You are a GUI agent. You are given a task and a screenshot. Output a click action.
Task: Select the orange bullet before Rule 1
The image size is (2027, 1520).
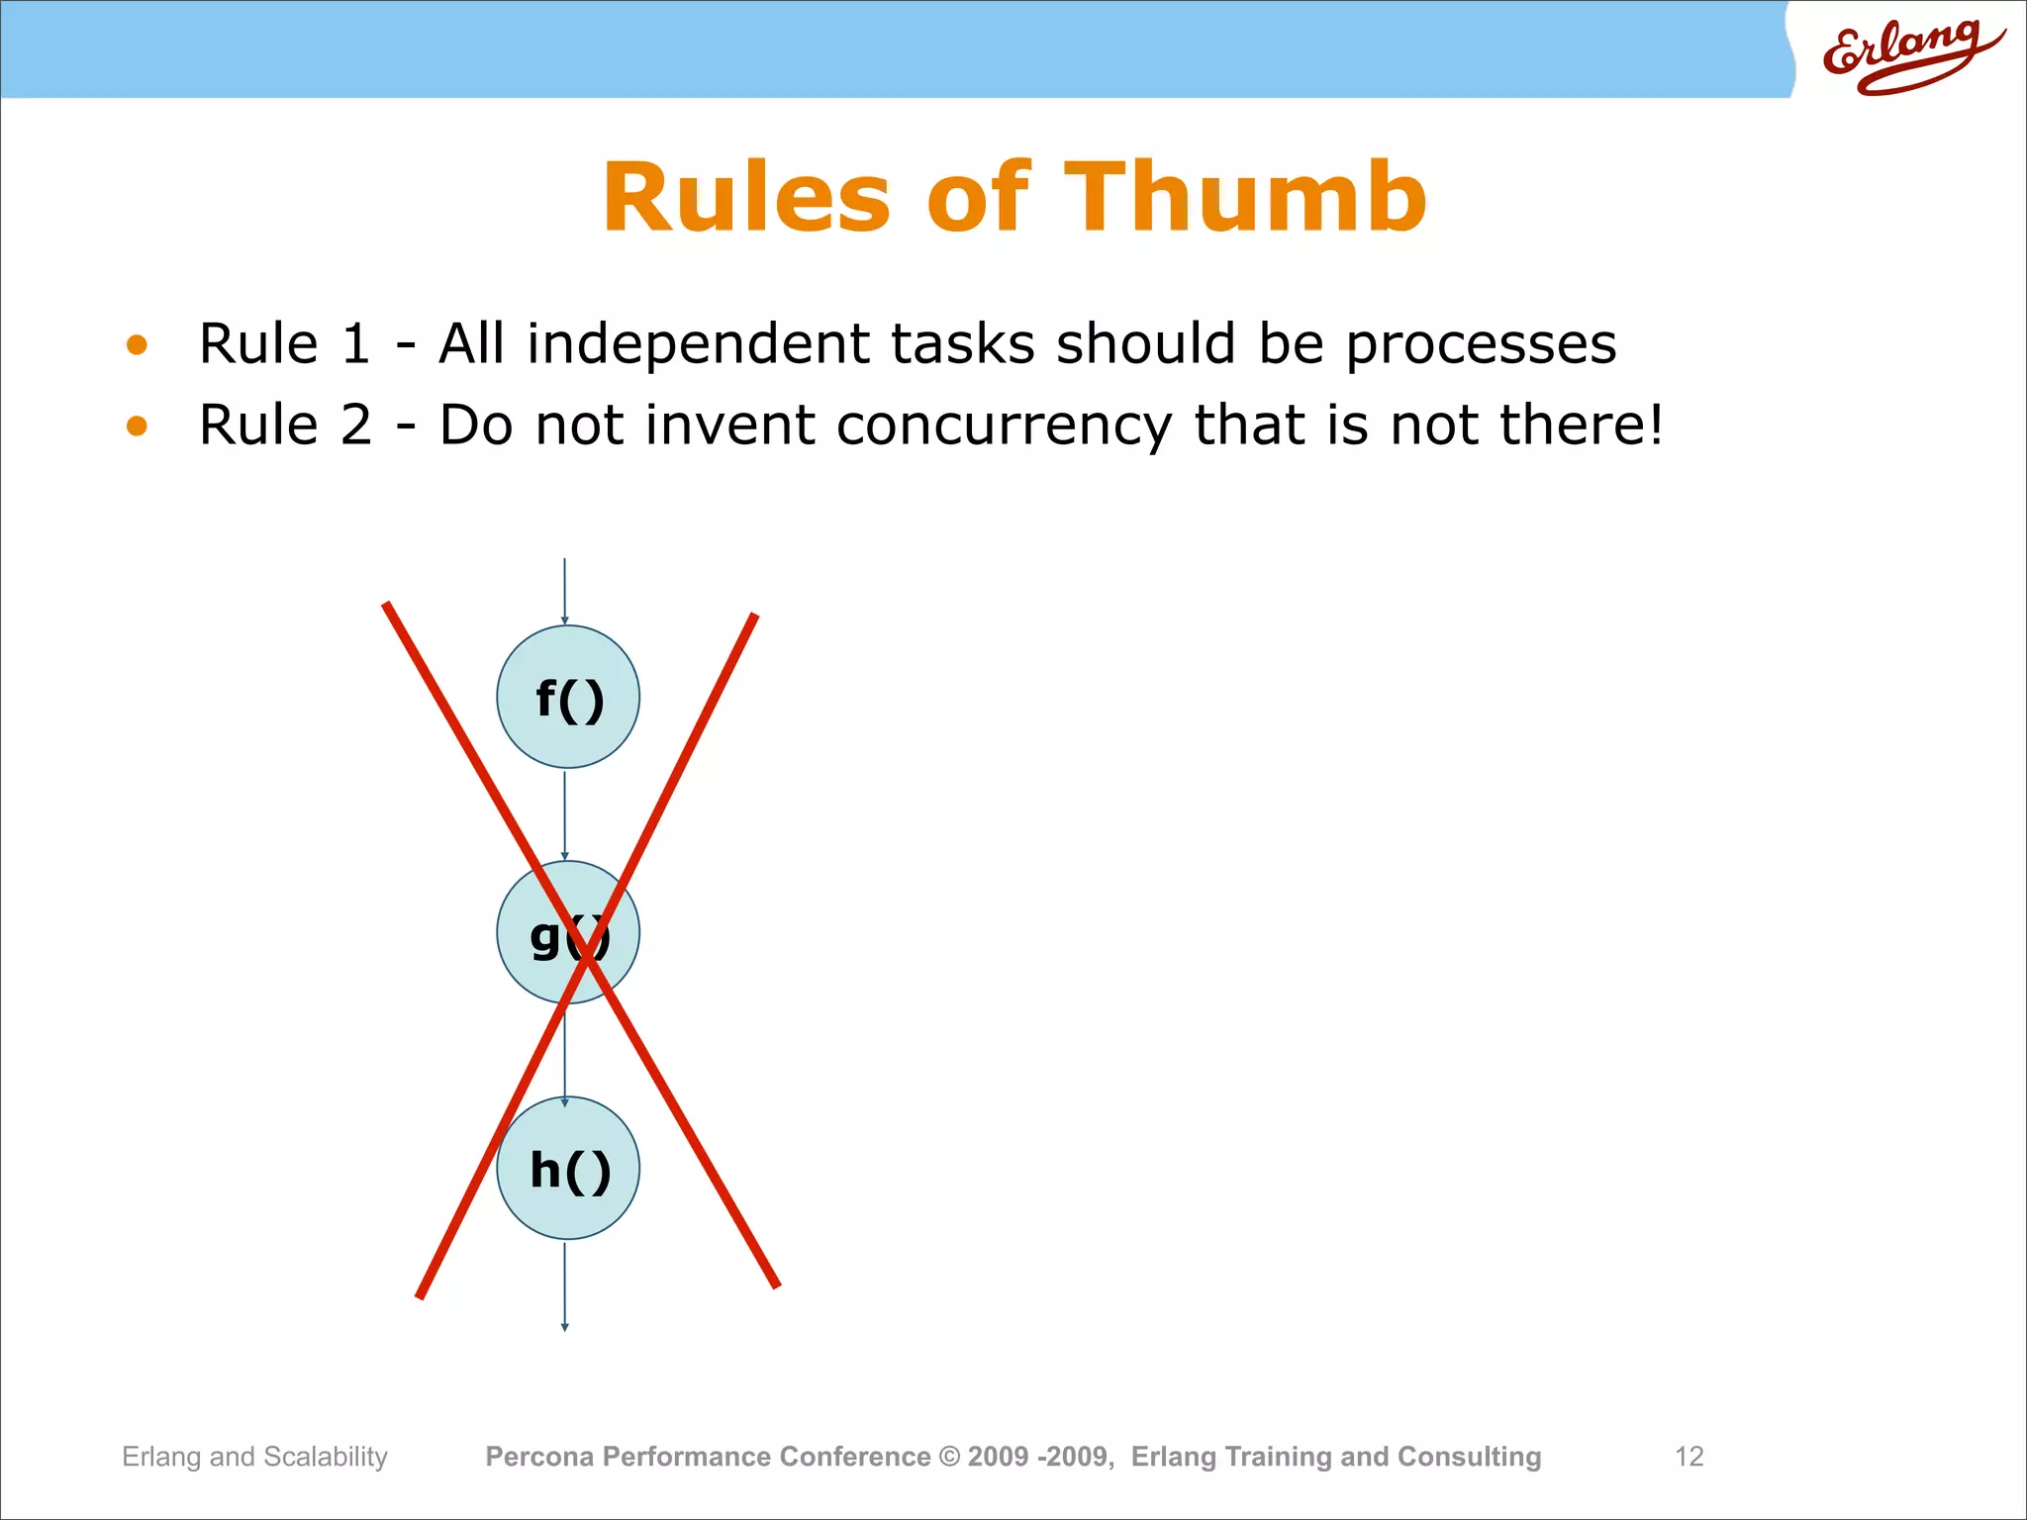[137, 344]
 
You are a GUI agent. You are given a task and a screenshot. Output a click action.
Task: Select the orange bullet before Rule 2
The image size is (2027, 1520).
[137, 426]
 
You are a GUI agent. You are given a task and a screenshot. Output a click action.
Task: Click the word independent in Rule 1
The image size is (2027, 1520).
[698, 344]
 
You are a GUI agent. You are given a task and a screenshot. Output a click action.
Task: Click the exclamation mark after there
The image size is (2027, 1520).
[1654, 426]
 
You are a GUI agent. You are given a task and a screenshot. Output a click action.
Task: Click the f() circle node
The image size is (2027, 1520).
[568, 697]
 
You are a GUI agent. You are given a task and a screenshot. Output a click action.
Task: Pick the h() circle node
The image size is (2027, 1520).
[568, 1168]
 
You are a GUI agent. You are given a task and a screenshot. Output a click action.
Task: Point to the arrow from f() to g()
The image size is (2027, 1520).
[565, 814]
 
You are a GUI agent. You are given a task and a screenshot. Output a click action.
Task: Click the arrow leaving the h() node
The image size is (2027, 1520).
[565, 1286]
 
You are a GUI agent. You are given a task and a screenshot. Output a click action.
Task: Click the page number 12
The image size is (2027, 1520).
[1689, 1457]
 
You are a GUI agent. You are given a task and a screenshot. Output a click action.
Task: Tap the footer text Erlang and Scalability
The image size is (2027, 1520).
[254, 1457]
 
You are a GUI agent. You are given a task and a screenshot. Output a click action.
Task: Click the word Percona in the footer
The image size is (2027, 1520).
[539, 1457]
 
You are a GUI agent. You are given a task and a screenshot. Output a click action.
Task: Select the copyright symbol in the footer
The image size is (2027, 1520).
[949, 1457]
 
